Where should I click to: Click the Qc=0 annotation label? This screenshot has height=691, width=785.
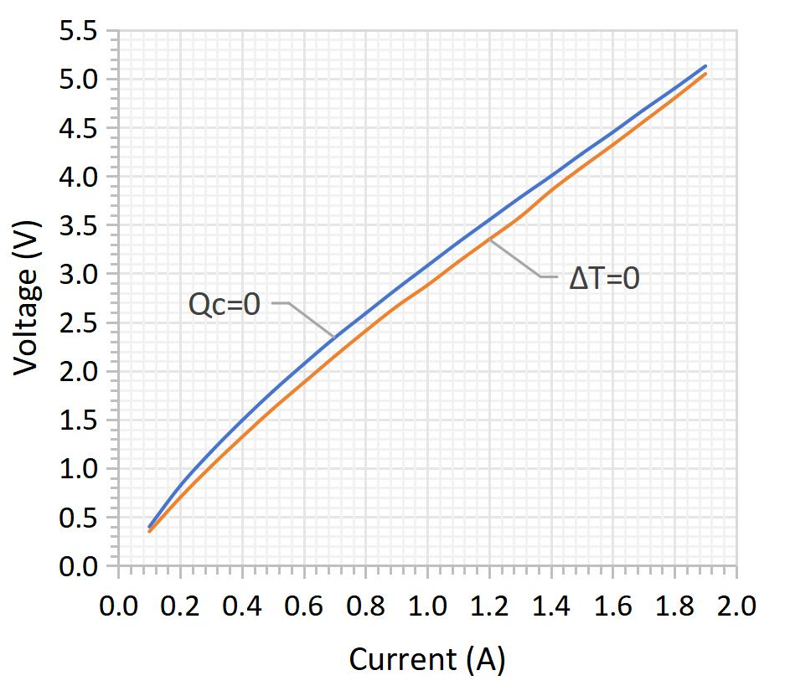pos(225,304)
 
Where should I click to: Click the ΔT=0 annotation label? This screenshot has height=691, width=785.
pos(604,278)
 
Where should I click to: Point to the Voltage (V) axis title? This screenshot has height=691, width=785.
pos(26,298)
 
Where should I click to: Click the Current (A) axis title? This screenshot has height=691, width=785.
pos(427,659)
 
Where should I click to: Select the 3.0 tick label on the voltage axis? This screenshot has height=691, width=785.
pos(78,274)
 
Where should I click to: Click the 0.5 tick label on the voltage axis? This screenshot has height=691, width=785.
pos(78,518)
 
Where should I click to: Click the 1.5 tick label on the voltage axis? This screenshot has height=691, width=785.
pos(78,420)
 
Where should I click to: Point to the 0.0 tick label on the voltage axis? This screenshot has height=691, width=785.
pos(78,566)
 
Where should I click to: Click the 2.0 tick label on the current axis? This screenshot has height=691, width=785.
pos(736,606)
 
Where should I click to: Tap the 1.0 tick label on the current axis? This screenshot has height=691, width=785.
pos(427,606)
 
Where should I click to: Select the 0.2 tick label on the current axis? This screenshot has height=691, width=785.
pos(180,606)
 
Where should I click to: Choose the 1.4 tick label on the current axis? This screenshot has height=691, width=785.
pos(551,606)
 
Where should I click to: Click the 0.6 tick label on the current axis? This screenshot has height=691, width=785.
pos(304,606)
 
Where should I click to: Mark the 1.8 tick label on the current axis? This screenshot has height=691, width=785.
pos(675,606)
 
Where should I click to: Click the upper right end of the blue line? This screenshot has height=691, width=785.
pos(705,66)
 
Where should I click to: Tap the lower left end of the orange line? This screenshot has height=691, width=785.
pos(149,531)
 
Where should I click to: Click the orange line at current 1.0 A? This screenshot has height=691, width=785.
pos(427,286)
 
